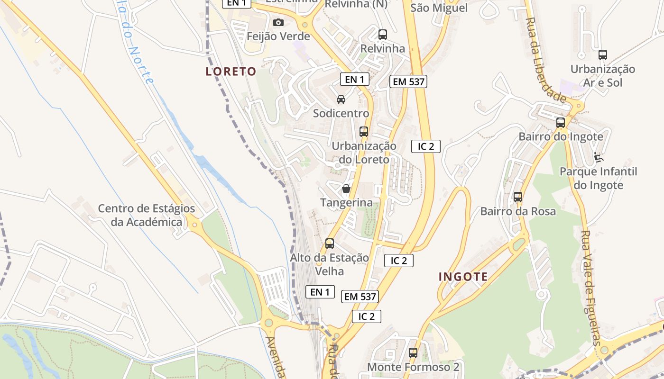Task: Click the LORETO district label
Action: coord(231,72)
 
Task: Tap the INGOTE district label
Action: coord(463,277)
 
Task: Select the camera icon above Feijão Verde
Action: coord(278,22)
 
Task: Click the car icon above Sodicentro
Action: coord(341,99)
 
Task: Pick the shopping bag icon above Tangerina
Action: coord(346,189)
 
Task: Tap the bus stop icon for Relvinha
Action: coord(383,35)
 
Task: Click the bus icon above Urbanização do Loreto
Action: coord(364,132)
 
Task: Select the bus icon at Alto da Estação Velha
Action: coord(330,244)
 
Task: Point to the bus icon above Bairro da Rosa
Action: coord(518,197)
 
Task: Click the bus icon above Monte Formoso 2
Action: coord(413,352)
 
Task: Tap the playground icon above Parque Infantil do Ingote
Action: coord(599,157)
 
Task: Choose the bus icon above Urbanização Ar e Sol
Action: coord(603,55)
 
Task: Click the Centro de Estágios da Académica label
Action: coord(147,215)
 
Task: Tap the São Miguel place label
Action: coord(439,8)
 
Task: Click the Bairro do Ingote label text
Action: coord(561,137)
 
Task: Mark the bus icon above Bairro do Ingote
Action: coord(561,123)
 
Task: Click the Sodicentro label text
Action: coord(341,113)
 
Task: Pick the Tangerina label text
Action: coord(346,203)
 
